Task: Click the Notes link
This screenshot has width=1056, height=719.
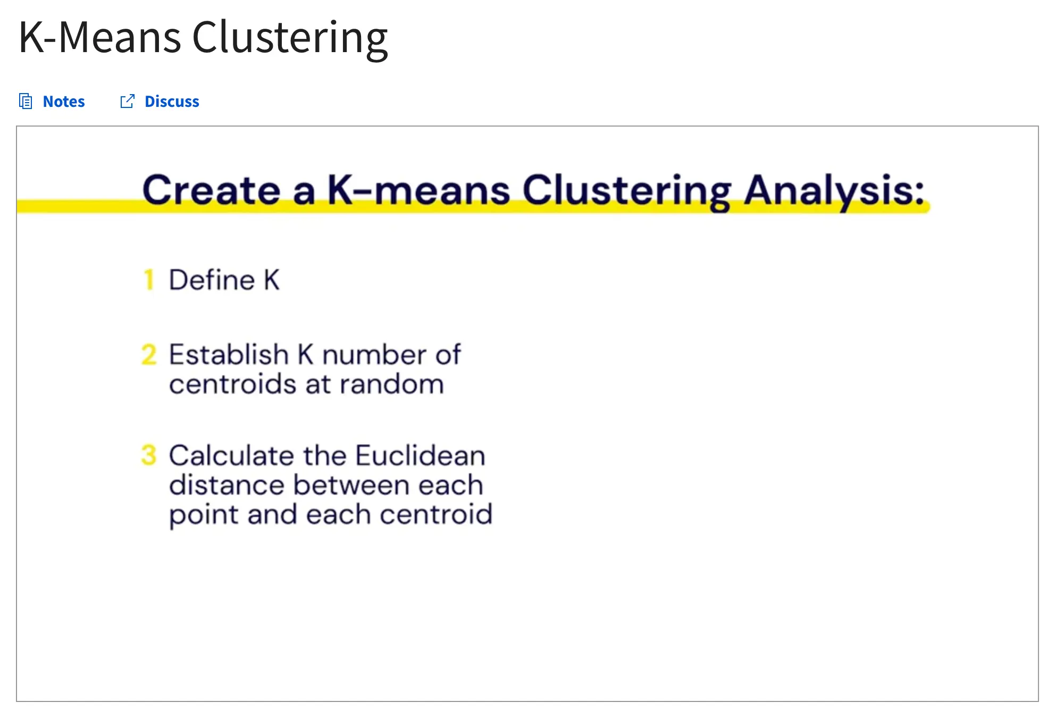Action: click(63, 101)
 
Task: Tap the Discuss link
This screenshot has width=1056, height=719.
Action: click(172, 101)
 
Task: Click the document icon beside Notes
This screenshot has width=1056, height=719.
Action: click(26, 101)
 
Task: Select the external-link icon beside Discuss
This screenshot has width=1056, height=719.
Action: click(128, 101)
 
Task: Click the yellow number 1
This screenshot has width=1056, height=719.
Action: click(149, 280)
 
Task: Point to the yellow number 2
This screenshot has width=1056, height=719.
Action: click(149, 355)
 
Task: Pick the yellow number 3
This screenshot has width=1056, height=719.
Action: click(149, 455)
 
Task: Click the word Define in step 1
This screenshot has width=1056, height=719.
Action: click(212, 280)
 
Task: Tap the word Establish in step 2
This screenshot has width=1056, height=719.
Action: click(229, 354)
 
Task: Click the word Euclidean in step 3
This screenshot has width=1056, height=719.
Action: click(420, 455)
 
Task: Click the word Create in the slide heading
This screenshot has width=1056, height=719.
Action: click(211, 190)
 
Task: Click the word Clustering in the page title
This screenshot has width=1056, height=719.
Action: click(290, 38)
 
